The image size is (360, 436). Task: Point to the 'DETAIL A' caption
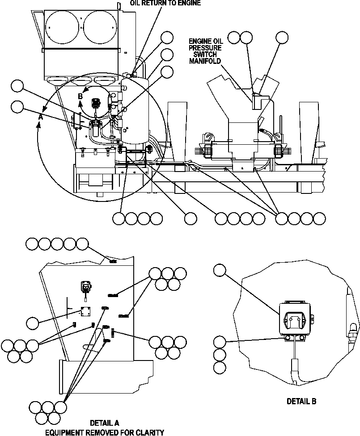pyautogui.click(x=104, y=423)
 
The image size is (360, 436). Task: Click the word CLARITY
pyautogui.click(x=149, y=432)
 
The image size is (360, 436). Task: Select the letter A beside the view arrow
pyautogui.click(x=40, y=116)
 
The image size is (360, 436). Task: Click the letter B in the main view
pyautogui.click(x=80, y=96)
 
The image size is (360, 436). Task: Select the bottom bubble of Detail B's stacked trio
pyautogui.click(x=220, y=368)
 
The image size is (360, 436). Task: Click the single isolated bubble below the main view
pyautogui.click(x=191, y=218)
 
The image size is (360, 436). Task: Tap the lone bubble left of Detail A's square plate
pyautogui.click(x=32, y=322)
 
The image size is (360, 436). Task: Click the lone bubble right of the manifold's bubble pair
pyautogui.click(x=282, y=38)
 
